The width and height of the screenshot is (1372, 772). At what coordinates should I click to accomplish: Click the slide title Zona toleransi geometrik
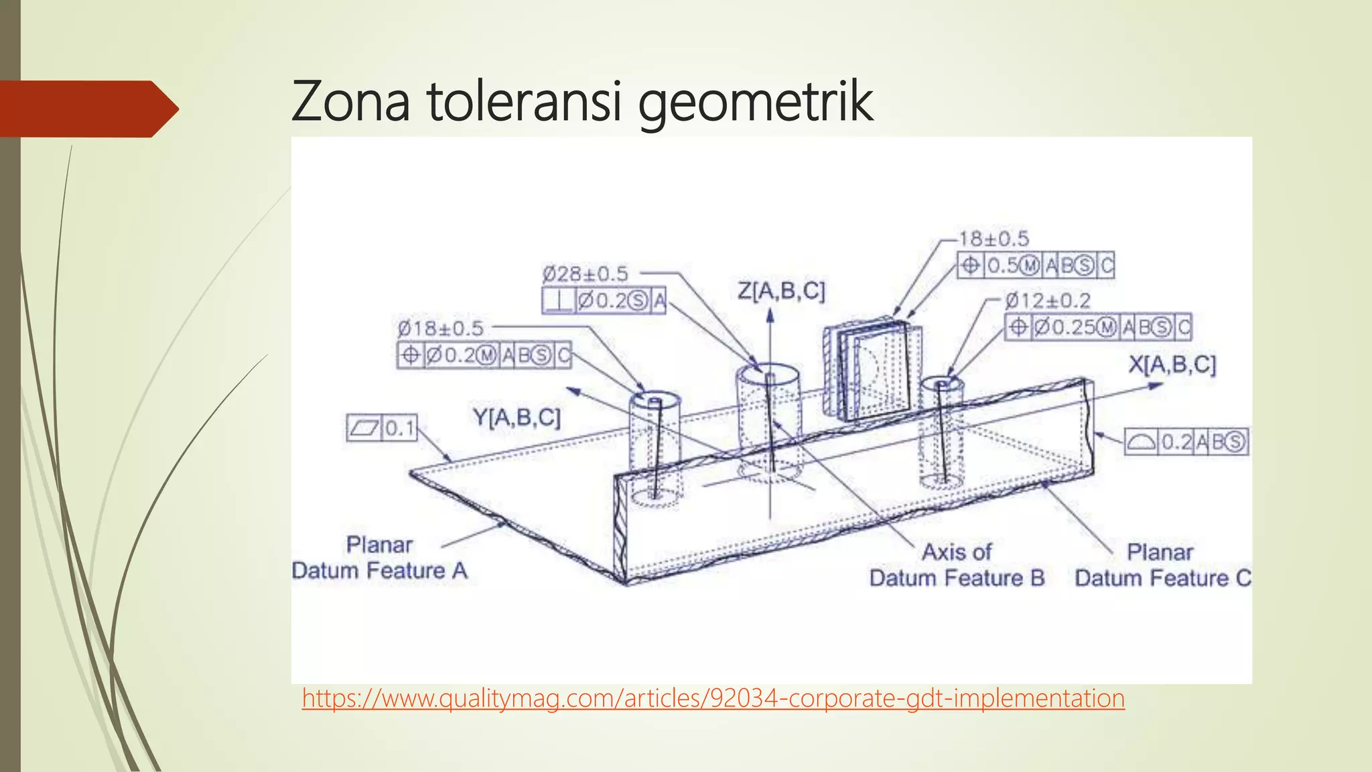pyautogui.click(x=581, y=101)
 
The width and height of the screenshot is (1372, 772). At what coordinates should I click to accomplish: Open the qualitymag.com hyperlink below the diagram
pyautogui.click(x=713, y=698)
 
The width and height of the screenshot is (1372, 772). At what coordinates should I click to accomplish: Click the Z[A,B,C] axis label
pyautogui.click(x=781, y=291)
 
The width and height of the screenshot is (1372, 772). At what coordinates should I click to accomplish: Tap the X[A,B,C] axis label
pyautogui.click(x=1172, y=365)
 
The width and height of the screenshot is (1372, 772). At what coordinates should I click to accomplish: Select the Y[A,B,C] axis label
pyautogui.click(x=517, y=417)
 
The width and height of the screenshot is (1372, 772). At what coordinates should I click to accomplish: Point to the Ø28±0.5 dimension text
pyautogui.click(x=585, y=273)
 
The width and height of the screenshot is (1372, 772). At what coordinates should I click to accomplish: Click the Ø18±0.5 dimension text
pyautogui.click(x=440, y=328)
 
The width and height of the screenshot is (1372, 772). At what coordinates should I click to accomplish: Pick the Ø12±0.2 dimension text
pyautogui.click(x=1048, y=300)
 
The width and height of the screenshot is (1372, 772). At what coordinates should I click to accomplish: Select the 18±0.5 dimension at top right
pyautogui.click(x=993, y=239)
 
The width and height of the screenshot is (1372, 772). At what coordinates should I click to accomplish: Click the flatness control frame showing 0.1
pyautogui.click(x=382, y=428)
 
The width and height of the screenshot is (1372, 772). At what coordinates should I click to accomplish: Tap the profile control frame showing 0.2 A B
pyautogui.click(x=1186, y=442)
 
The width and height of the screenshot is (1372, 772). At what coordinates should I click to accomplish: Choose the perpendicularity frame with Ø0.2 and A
pyautogui.click(x=604, y=301)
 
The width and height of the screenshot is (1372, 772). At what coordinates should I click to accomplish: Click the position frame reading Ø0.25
pyautogui.click(x=1097, y=327)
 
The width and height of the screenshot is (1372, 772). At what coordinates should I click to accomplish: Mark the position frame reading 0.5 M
pyautogui.click(x=1035, y=266)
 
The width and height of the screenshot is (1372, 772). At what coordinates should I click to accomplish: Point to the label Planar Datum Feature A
pyautogui.click(x=379, y=558)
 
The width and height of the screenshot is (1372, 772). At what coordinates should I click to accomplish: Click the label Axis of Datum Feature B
pyautogui.click(x=957, y=565)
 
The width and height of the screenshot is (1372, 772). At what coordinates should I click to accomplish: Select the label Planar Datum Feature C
pyautogui.click(x=1162, y=565)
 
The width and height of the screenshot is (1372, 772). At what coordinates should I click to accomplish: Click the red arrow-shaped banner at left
pyautogui.click(x=87, y=109)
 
